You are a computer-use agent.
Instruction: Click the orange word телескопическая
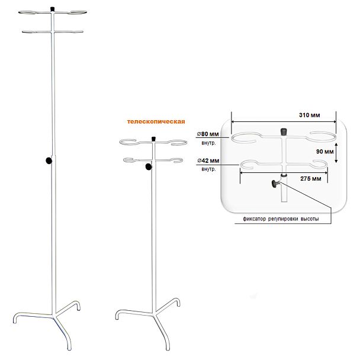pos(156,121)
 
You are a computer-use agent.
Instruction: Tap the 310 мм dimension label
pos(309,115)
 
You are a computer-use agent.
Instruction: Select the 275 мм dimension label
pos(311,178)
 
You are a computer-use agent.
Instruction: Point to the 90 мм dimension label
pos(324,152)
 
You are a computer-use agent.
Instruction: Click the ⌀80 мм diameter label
pos(208,134)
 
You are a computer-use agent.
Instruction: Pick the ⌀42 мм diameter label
pos(208,160)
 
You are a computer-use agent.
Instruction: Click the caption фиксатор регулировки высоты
pos(281,219)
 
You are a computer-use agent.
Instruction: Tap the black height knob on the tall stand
pos(49,160)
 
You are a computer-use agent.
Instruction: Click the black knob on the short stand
pos(149,167)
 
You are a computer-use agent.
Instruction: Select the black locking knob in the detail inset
pos(275,184)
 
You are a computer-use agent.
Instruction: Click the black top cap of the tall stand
pos(52,9)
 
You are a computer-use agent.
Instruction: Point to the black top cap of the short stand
pos(153,139)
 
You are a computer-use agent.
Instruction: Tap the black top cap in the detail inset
pos(284,132)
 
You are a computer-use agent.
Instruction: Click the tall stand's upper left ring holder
pos(27,12)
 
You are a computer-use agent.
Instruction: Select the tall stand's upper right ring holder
pos(78,12)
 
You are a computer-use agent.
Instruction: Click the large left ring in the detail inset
pos(245,138)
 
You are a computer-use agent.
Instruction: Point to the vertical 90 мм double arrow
pos(336,153)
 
